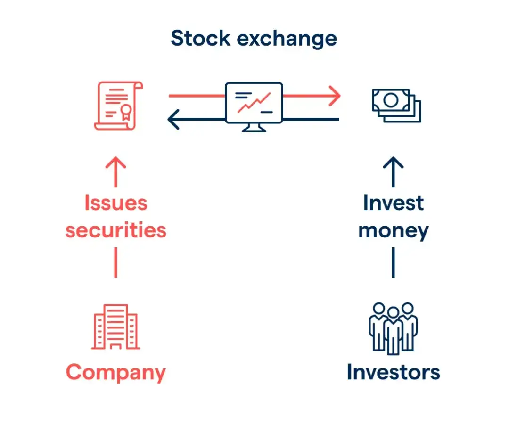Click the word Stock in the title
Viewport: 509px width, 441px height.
tap(201, 38)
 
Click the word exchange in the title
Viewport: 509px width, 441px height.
tap(287, 39)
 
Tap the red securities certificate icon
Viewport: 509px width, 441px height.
tap(118, 106)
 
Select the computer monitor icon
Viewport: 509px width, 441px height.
tap(254, 107)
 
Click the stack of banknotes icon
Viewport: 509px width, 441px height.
tap(396, 106)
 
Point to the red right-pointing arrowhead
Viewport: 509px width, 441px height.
tap(335, 96)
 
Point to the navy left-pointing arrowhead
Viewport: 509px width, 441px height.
tap(173, 119)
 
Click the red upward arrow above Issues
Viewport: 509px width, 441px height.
tap(115, 172)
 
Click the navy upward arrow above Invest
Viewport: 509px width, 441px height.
tap(393, 172)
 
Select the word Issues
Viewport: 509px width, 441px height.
tap(116, 203)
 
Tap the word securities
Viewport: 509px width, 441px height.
tap(116, 230)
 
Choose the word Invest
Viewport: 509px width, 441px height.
tap(394, 203)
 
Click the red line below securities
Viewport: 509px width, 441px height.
tap(115, 262)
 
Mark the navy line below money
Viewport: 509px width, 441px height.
tap(393, 262)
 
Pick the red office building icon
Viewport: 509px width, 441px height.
tap(115, 327)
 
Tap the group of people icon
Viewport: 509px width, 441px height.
tap(393, 328)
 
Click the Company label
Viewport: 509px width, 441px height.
tap(116, 373)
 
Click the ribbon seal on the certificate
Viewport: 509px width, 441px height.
tap(126, 112)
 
